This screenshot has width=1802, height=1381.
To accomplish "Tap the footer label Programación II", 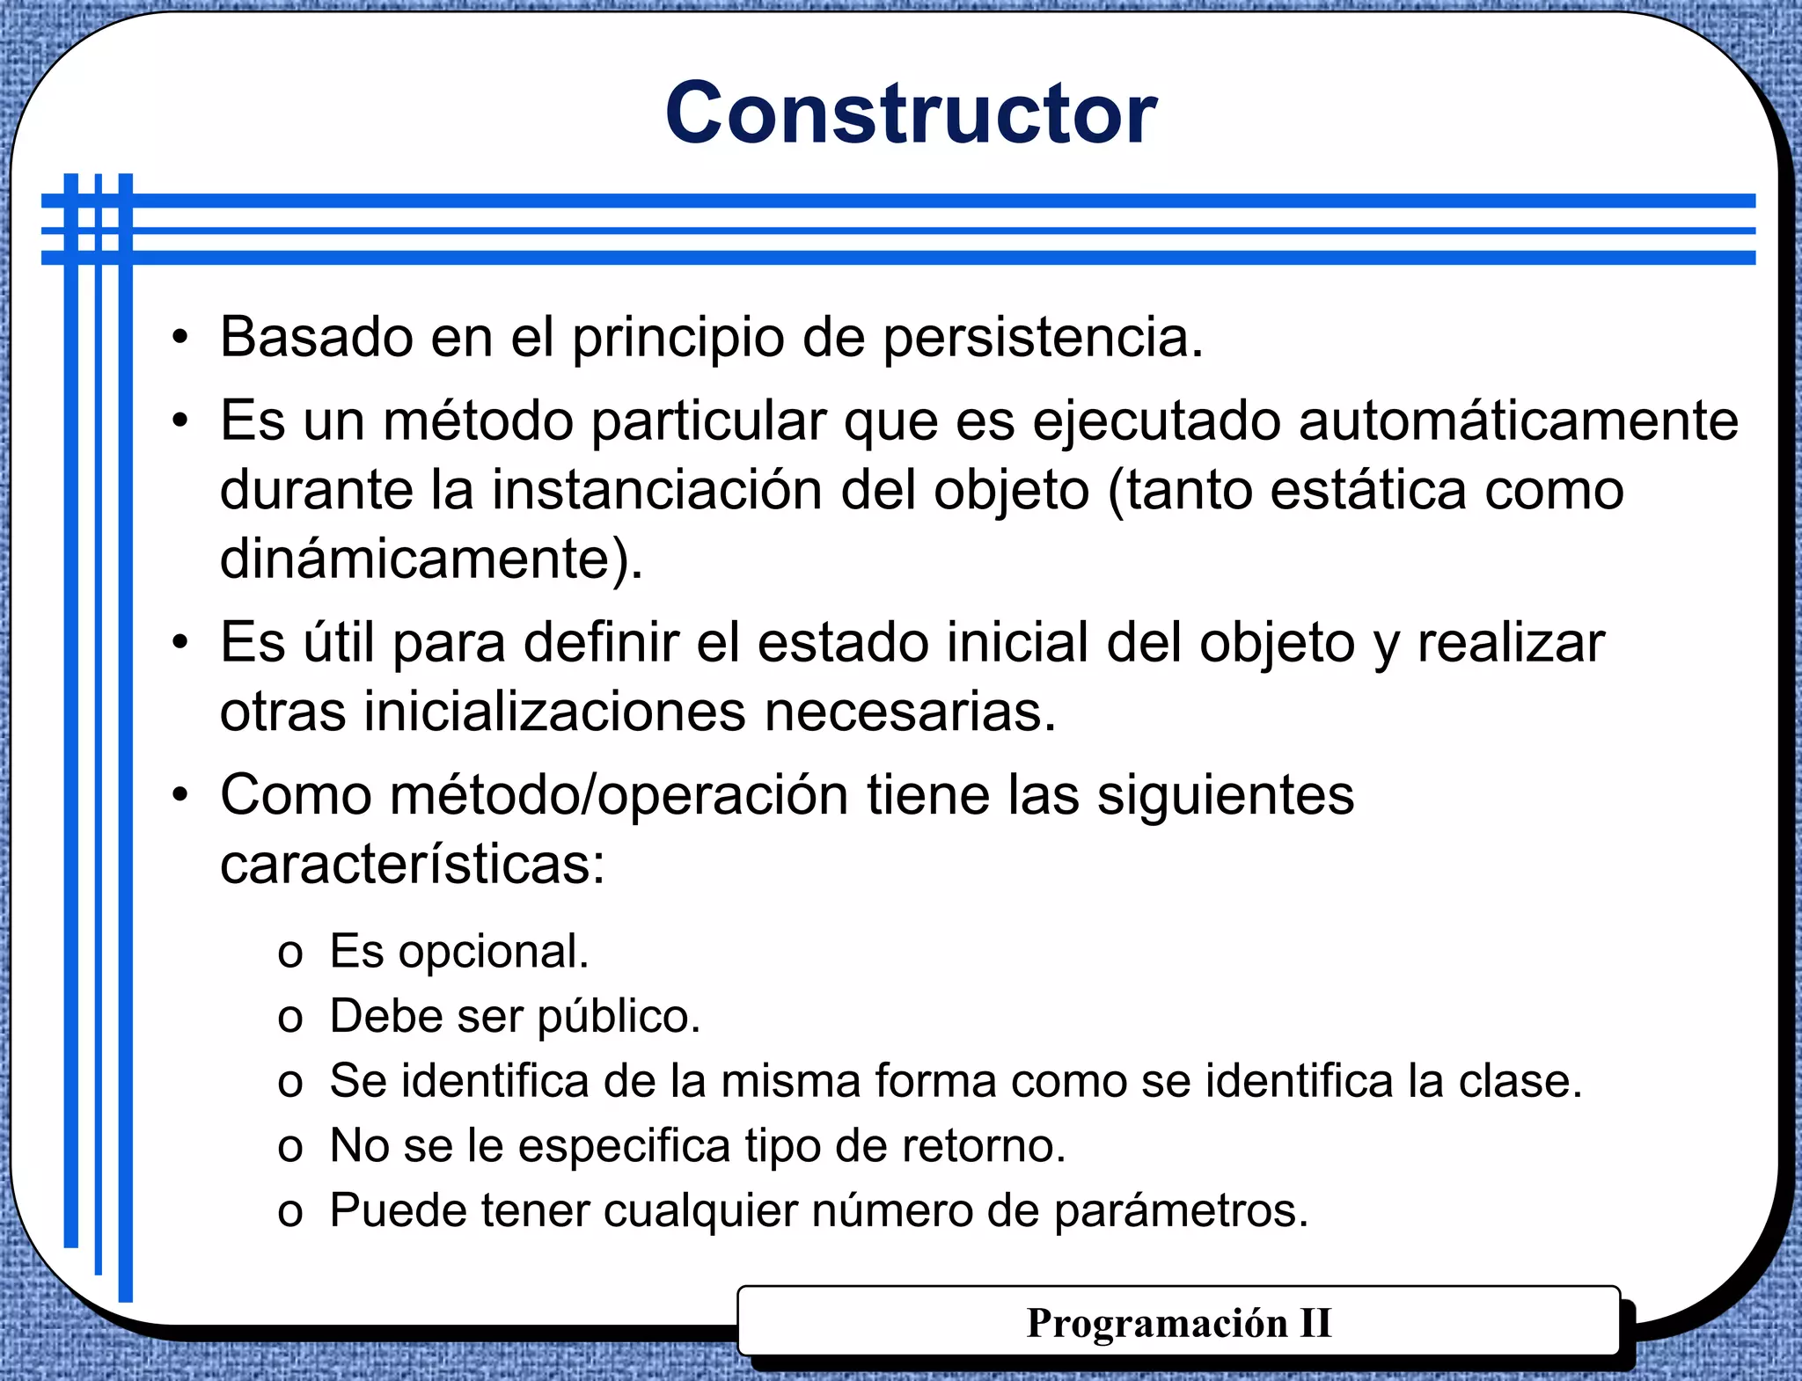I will click(x=1178, y=1323).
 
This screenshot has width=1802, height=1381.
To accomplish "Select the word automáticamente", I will click(x=1518, y=421).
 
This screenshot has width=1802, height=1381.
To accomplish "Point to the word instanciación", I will click(x=657, y=491).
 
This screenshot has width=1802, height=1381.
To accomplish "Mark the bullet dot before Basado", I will click(x=180, y=337).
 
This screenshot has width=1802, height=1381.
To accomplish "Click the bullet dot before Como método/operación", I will click(x=180, y=795).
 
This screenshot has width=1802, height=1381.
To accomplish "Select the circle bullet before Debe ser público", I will click(x=290, y=1019).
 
